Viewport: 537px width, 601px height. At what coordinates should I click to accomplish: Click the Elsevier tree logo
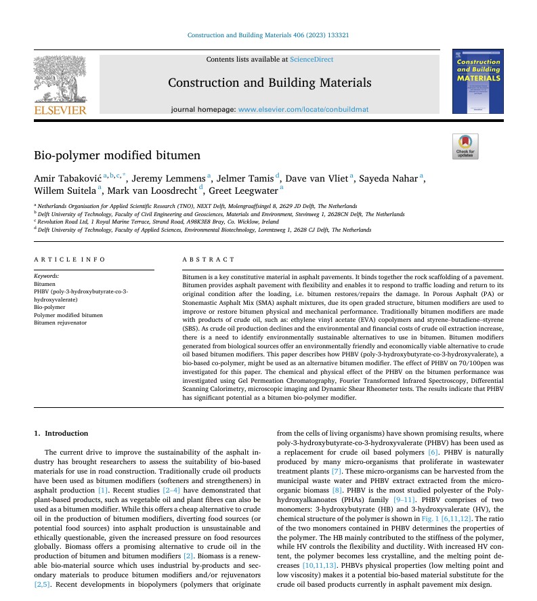[x=60, y=81]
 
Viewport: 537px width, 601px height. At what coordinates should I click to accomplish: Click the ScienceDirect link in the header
[x=311, y=60]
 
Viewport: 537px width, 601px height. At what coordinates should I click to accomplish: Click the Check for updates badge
[x=465, y=146]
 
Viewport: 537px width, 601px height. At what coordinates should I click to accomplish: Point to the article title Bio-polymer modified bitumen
[x=116, y=156]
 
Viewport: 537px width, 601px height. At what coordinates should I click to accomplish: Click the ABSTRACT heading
[x=209, y=260]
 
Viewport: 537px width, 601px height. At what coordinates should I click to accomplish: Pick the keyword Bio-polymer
[x=49, y=307]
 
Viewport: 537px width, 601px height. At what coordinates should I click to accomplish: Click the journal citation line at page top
[x=268, y=35]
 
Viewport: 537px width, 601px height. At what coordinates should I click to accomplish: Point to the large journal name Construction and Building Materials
[x=270, y=83]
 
